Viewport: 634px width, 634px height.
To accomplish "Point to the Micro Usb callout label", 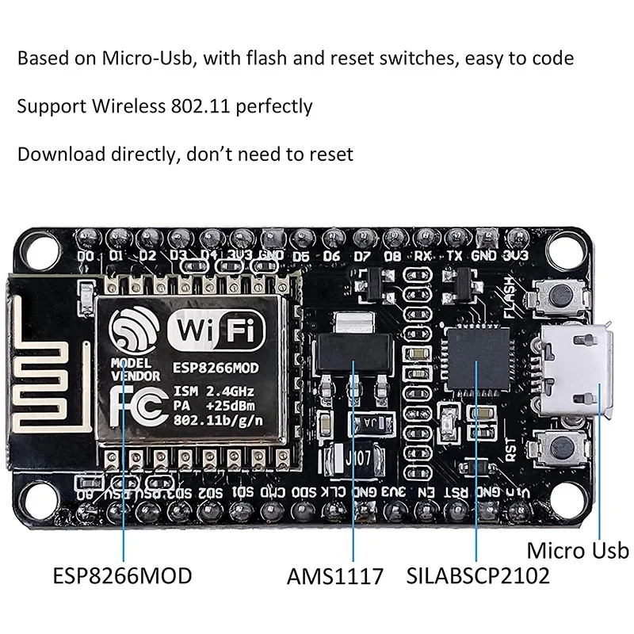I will click(x=578, y=551).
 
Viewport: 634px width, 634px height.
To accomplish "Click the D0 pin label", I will click(x=86, y=257).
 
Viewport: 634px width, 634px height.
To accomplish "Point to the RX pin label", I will click(x=423, y=257).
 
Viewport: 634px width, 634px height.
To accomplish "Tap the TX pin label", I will click(x=453, y=257).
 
